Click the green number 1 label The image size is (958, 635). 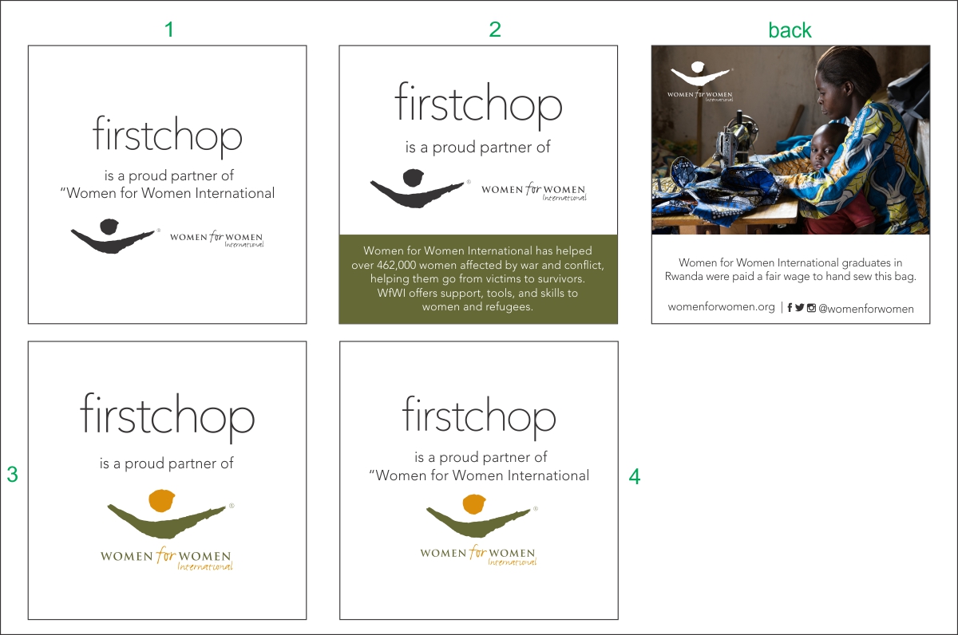click(169, 30)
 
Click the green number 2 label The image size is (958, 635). click(495, 30)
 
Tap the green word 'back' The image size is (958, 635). click(790, 30)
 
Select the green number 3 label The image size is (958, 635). click(13, 475)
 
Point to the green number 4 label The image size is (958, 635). click(635, 476)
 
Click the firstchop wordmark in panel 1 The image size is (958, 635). click(167, 136)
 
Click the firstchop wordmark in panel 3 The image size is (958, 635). click(167, 416)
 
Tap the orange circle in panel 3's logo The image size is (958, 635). click(161, 500)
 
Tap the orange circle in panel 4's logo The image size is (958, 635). click(474, 504)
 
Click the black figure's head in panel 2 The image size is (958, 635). click(414, 178)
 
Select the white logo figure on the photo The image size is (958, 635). click(699, 73)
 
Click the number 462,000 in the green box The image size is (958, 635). click(396, 265)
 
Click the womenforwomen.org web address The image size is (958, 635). click(721, 307)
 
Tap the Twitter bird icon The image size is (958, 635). click(799, 308)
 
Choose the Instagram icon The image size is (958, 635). click(811, 308)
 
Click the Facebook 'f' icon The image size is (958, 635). click(790, 308)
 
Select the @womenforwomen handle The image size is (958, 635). click(865, 309)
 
